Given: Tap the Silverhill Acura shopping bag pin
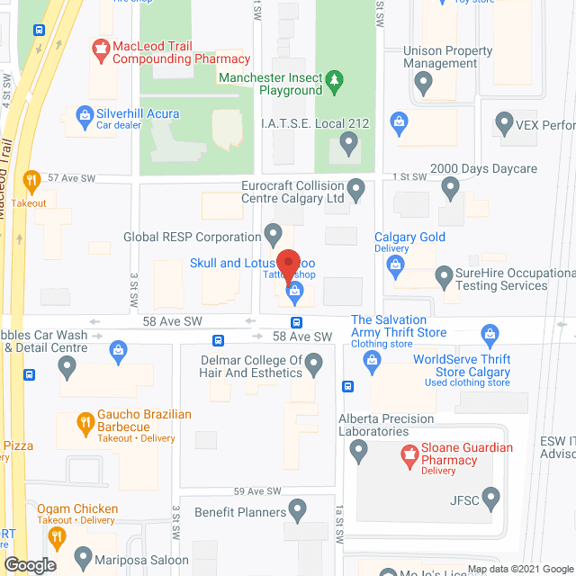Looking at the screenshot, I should [84, 114].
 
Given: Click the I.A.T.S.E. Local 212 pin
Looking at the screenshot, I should [349, 141].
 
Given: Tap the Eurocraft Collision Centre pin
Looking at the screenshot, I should [356, 189].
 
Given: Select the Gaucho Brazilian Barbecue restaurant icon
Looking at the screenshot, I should [84, 421].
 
